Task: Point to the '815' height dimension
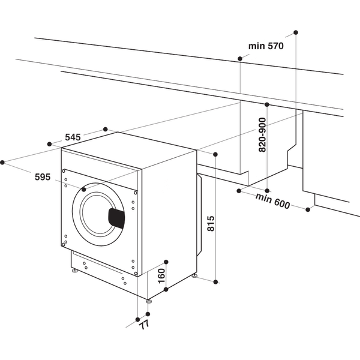pos(211,223)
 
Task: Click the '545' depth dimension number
pos(72,137)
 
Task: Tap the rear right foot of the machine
pos(194,276)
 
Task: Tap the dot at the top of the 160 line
pos(166,262)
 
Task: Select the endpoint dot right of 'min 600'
pos(308,209)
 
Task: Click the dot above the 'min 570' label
pos(296,31)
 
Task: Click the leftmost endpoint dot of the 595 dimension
pos(2,161)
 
